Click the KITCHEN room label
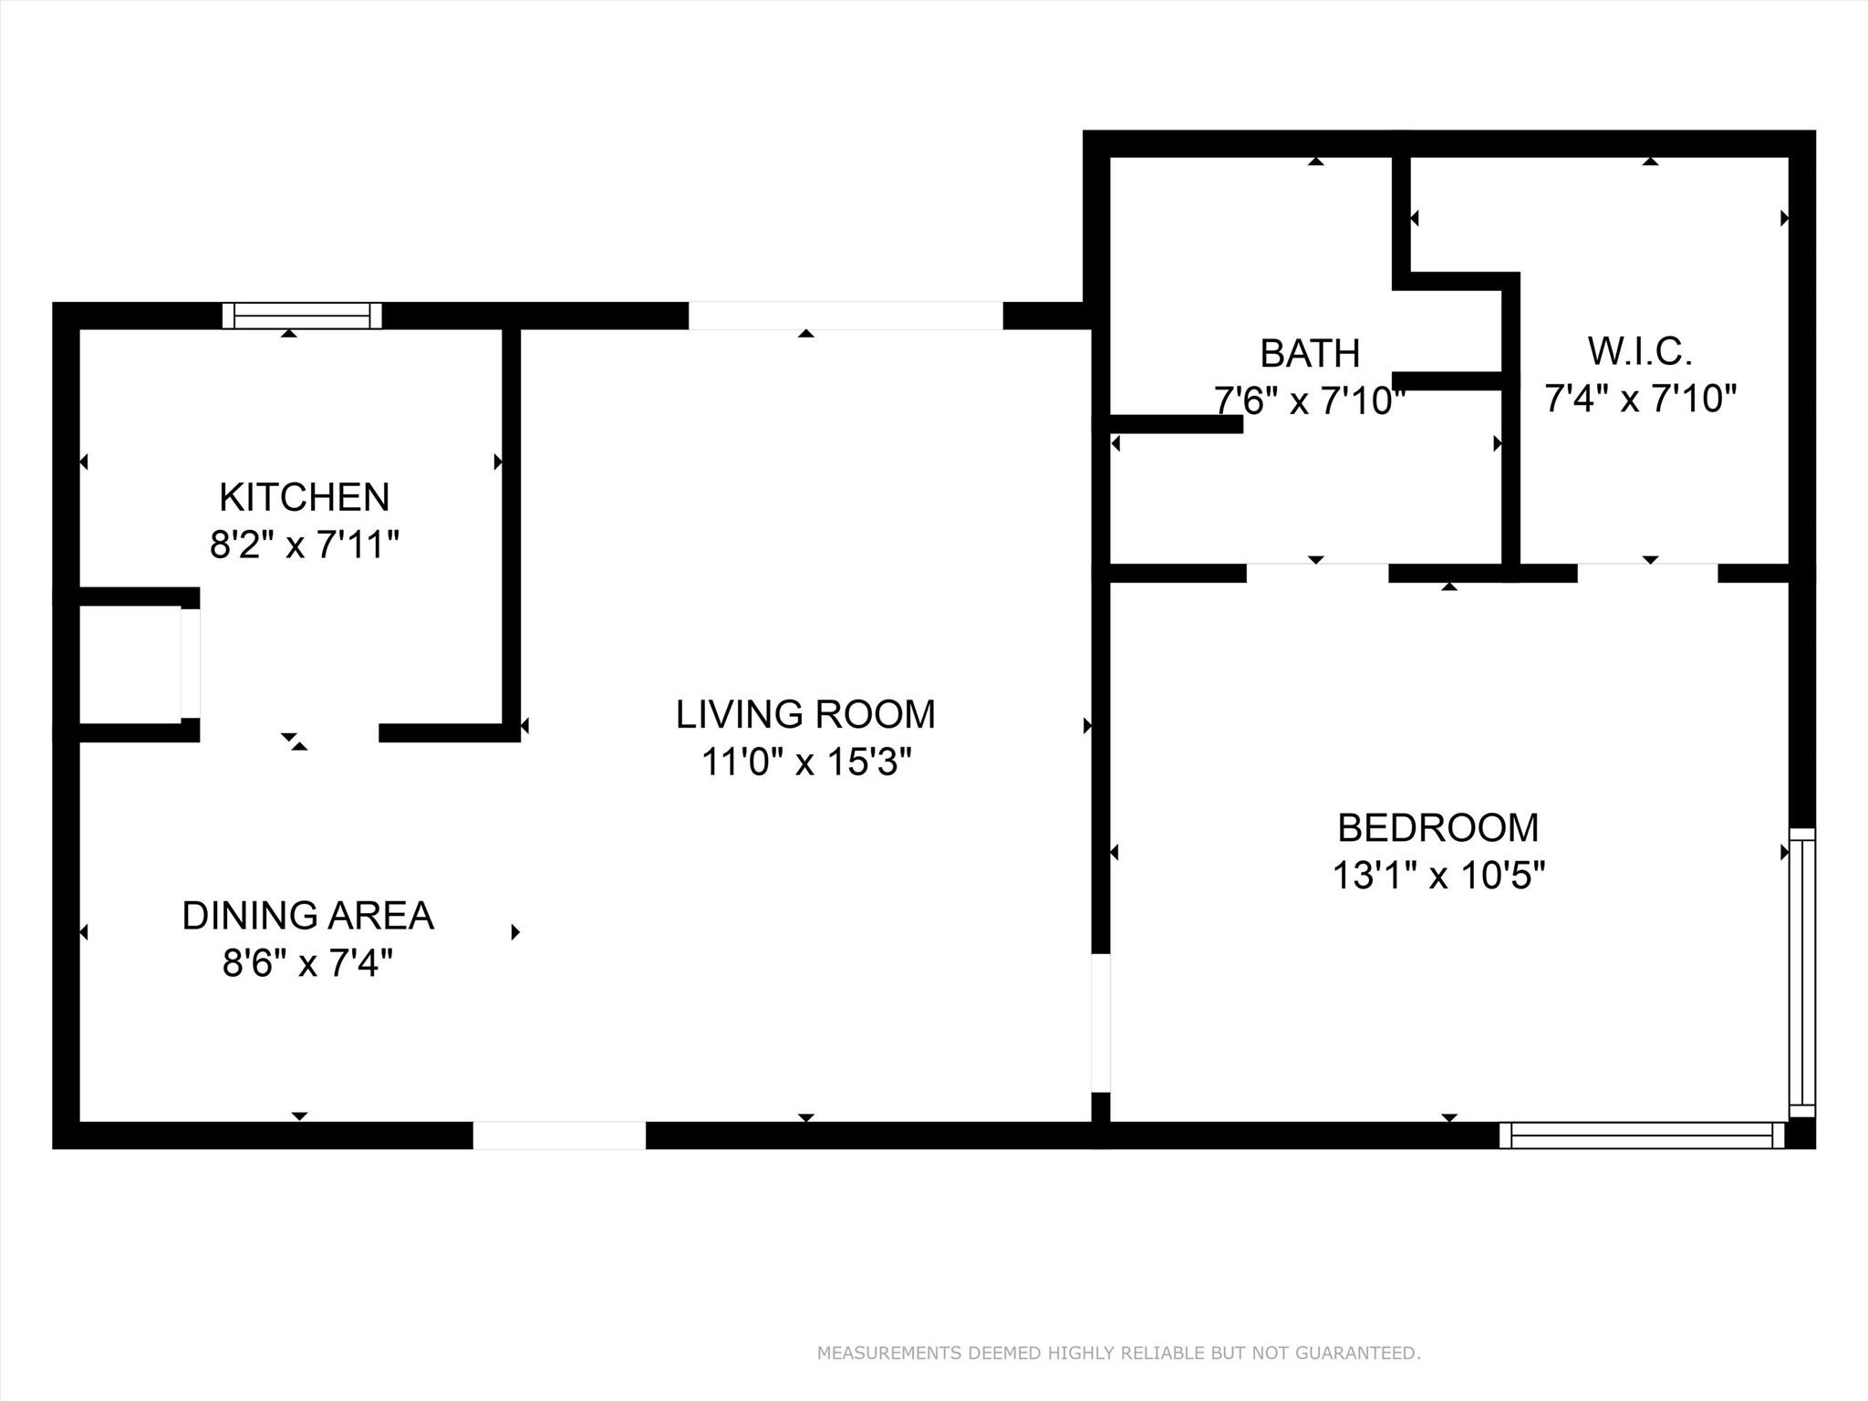[305, 497]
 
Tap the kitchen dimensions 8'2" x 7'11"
[305, 545]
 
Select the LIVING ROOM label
[805, 714]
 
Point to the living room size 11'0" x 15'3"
[805, 762]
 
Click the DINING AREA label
[308, 916]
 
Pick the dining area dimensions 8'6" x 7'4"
[308, 963]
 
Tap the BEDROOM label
[1438, 828]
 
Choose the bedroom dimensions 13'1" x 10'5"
[1438, 876]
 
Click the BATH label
[1310, 353]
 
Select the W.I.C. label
[1640, 351]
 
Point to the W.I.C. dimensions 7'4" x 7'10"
[1640, 399]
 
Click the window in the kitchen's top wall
[302, 316]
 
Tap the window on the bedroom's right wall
[1802, 972]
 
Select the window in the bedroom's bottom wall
[1642, 1136]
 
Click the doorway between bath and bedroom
[1317, 573]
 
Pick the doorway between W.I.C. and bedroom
[1648, 573]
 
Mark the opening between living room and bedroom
[1101, 1022]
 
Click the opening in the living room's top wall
[846, 316]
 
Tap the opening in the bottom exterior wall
[559, 1136]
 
